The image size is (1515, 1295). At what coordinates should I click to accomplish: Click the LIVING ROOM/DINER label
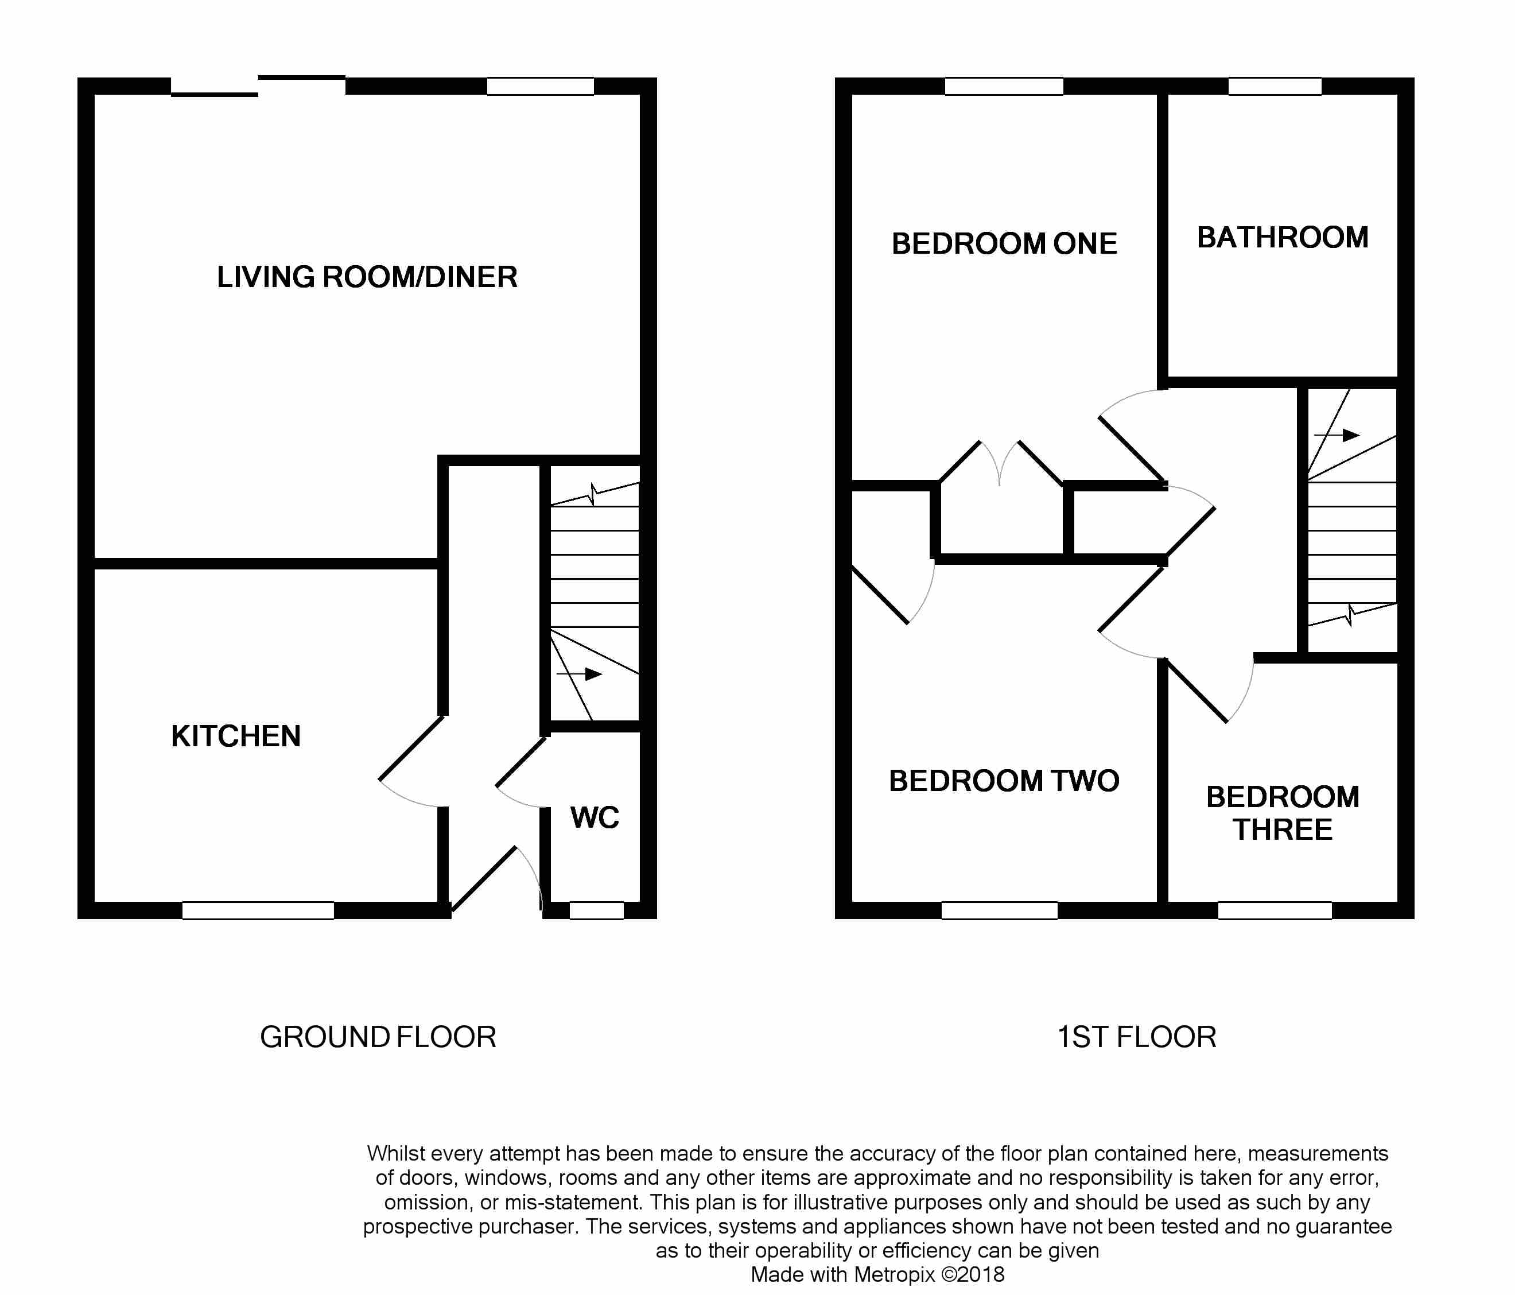pos(367,277)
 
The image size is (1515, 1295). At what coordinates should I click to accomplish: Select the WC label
pos(595,817)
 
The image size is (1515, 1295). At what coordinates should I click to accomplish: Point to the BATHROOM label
pos(1283,238)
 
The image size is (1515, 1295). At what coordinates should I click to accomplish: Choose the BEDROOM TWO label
pos(1004,781)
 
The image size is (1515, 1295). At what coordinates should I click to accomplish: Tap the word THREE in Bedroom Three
pos(1283,830)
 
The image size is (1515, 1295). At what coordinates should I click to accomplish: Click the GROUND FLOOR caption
pos(378,1037)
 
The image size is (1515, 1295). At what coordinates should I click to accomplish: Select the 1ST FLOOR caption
pos(1136,1037)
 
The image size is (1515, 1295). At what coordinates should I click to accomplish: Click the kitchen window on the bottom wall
pos(258,910)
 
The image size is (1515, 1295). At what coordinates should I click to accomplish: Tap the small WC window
pos(597,910)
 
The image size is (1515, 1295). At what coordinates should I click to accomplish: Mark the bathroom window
pos(1275,86)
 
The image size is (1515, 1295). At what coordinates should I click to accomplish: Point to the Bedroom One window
pos(1004,86)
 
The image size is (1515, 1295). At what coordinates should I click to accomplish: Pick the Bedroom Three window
pos(1275,910)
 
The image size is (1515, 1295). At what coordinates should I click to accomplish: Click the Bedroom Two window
pos(1000,910)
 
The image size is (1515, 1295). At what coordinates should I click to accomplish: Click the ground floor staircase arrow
pos(579,674)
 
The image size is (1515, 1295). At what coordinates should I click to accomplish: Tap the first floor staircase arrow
pos(1337,435)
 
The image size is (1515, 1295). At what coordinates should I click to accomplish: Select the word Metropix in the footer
pos(894,1274)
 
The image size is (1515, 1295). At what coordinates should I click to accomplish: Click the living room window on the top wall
pos(541,86)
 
